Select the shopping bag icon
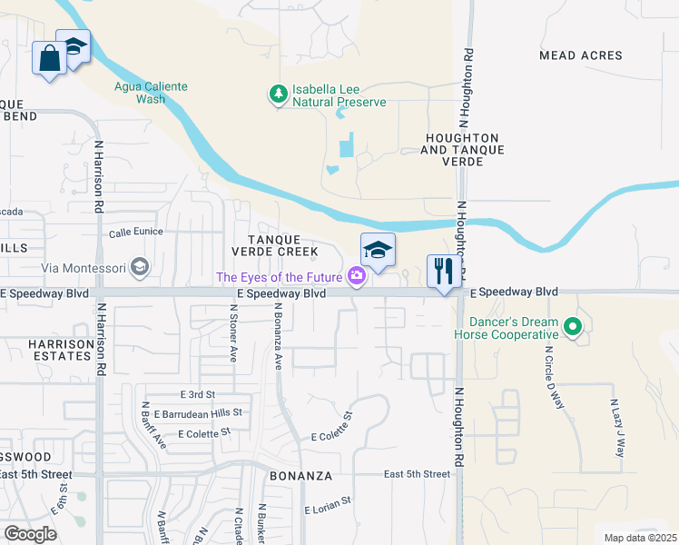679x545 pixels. pos(48,59)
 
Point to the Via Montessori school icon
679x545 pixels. pos(139,268)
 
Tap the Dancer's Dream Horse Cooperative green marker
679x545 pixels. pos(572,326)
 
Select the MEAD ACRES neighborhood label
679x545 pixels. pos(581,55)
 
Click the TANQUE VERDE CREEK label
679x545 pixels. pos(274,244)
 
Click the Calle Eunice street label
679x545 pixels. pos(136,232)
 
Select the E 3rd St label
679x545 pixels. pos(198,394)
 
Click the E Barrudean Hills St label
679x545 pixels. pos(198,412)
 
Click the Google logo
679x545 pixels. pos(30,534)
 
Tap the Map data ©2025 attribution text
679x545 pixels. pos(639,538)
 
